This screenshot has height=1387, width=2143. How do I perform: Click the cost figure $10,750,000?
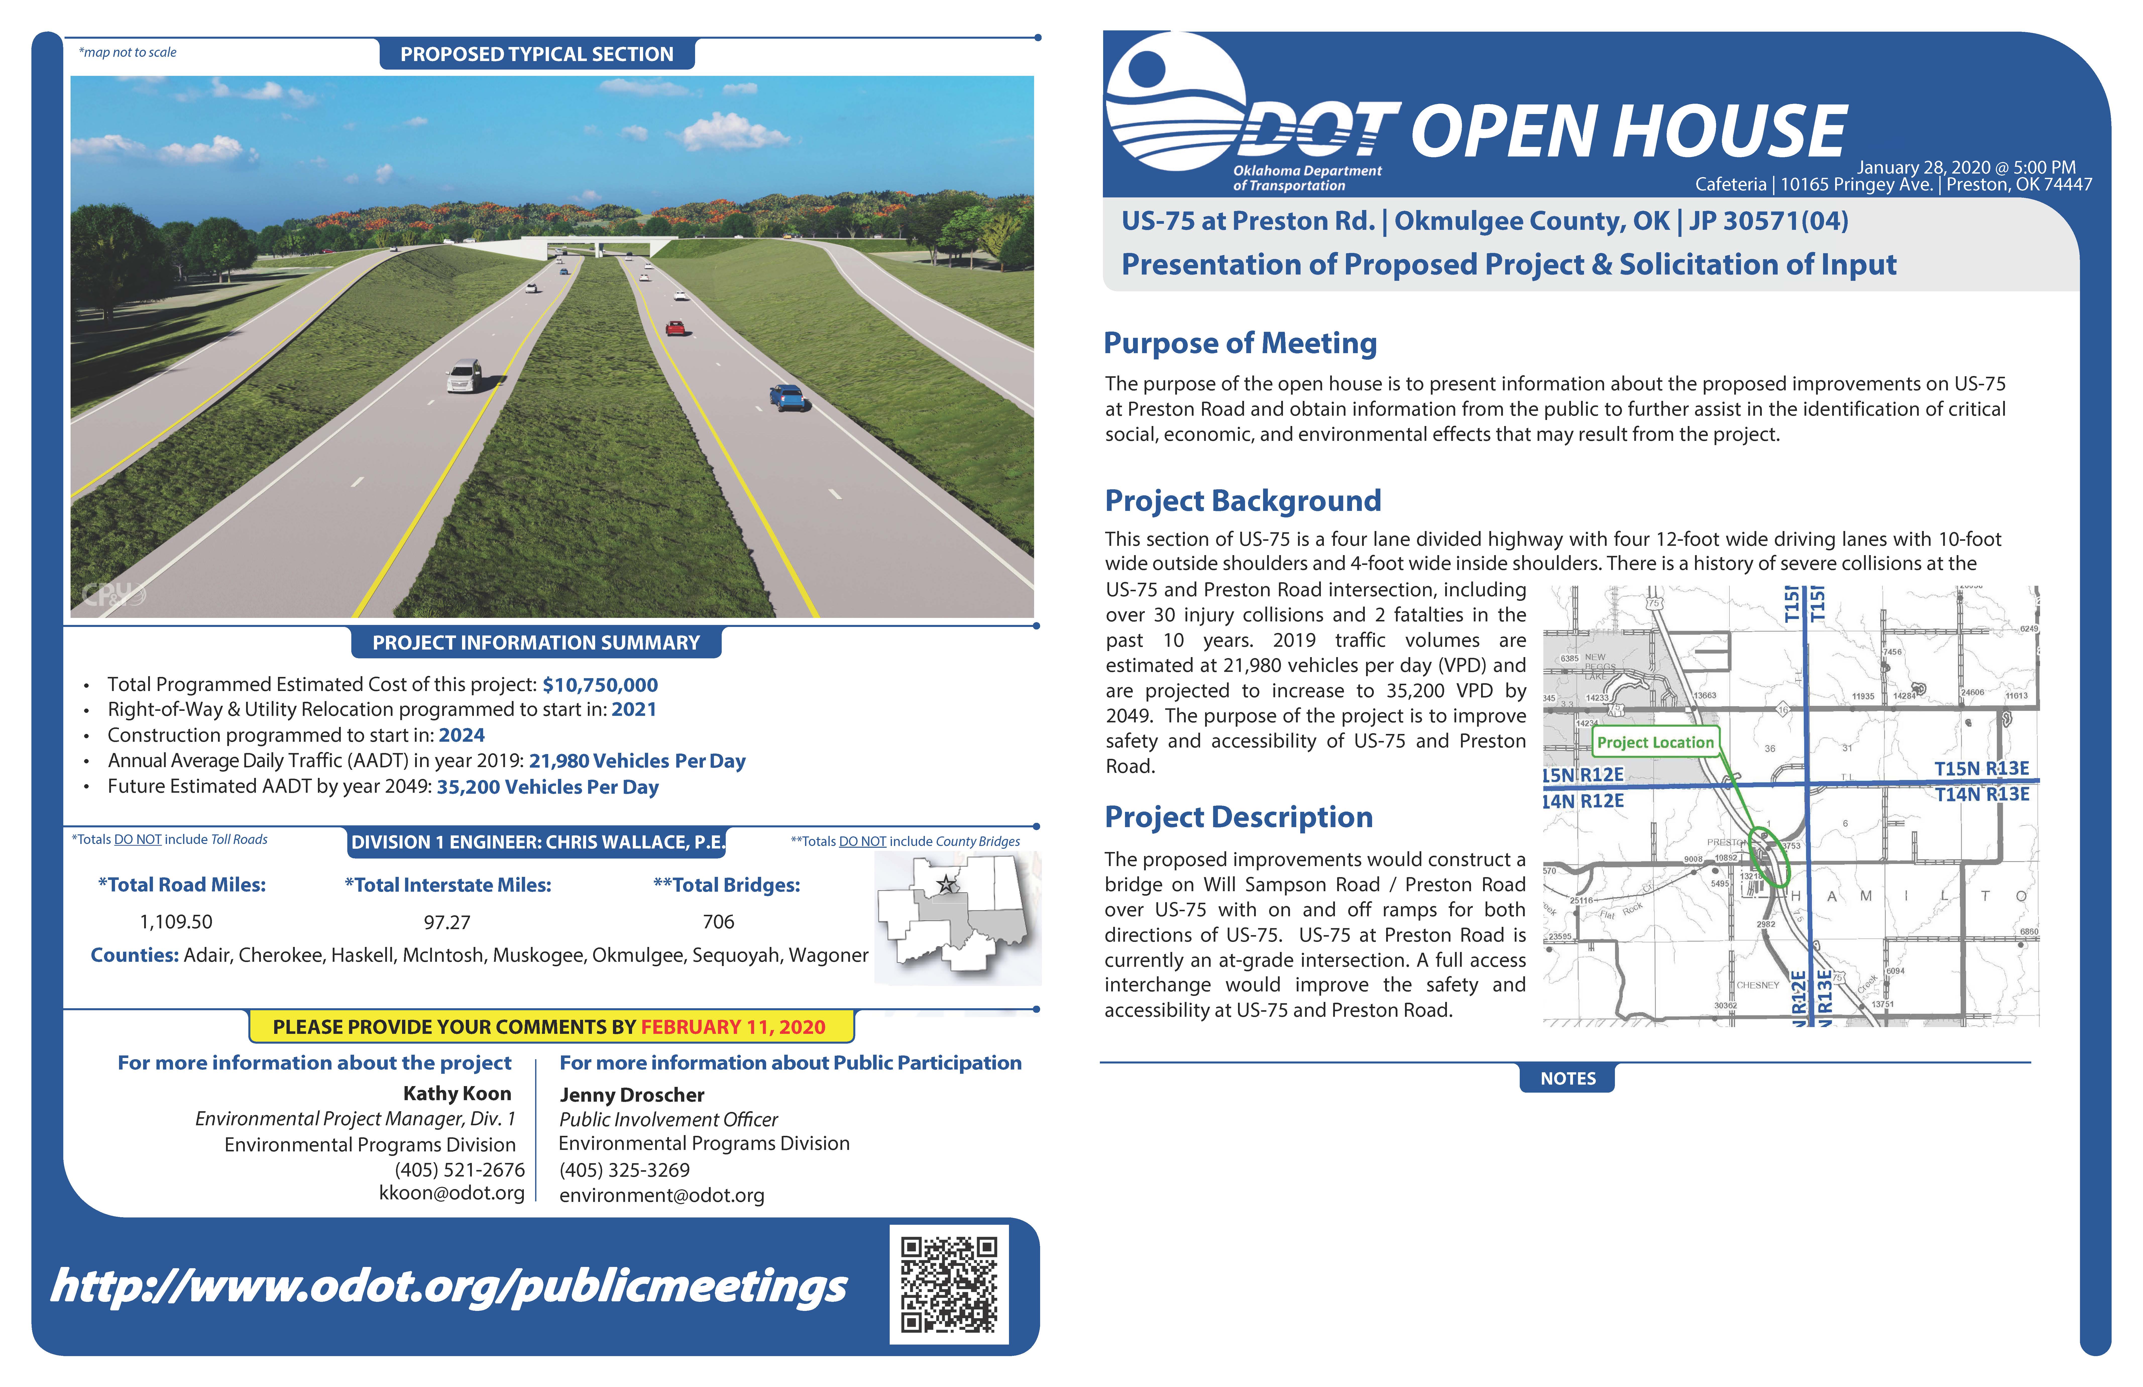coord(600,684)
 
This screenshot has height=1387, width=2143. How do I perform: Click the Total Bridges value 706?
coord(718,921)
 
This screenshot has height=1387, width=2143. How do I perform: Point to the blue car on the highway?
coord(787,396)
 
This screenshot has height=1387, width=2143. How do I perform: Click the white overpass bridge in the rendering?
coord(597,243)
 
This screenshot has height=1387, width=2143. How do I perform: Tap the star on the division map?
coord(946,884)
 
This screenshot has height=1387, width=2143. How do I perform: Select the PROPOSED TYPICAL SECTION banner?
coord(537,54)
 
